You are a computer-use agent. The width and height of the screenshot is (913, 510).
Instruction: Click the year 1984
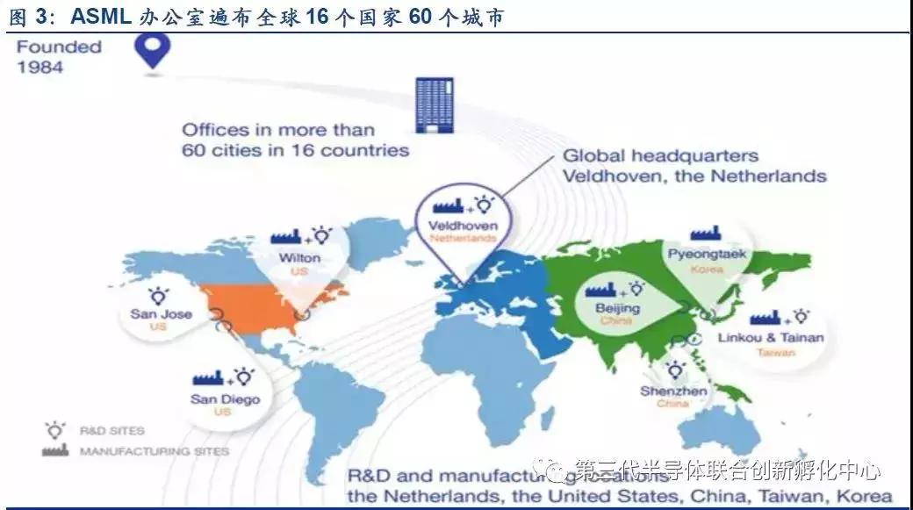click(x=40, y=67)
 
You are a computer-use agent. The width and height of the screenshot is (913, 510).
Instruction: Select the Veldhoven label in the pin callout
click(x=462, y=226)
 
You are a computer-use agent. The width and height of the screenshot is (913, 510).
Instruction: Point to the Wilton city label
click(x=298, y=258)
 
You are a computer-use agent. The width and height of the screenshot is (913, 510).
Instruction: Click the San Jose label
click(x=161, y=313)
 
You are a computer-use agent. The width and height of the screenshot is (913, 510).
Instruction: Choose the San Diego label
click(x=224, y=399)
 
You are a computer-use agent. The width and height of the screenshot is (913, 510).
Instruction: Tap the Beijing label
click(x=619, y=308)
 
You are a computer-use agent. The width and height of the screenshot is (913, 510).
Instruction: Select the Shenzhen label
click(x=674, y=391)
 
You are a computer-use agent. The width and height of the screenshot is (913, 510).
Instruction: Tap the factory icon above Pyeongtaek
click(x=705, y=233)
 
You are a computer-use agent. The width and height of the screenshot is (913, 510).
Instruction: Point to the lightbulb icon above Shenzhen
click(x=675, y=370)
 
